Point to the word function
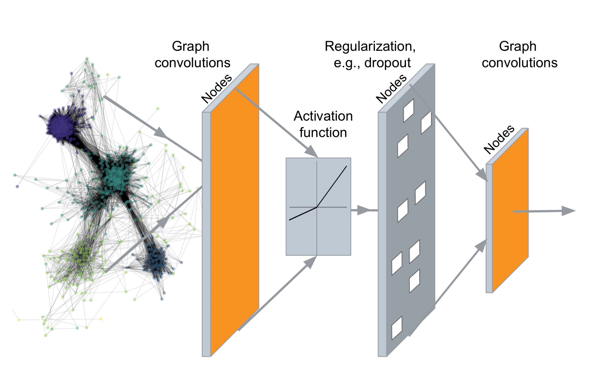(x=323, y=133)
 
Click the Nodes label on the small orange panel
(x=499, y=139)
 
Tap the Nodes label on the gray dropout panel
(x=391, y=89)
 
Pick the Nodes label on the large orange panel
(x=217, y=89)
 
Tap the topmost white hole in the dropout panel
(x=408, y=110)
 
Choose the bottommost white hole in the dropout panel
(x=397, y=328)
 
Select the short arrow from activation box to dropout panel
(x=362, y=210)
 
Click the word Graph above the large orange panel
(x=190, y=46)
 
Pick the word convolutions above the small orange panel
(x=519, y=63)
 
